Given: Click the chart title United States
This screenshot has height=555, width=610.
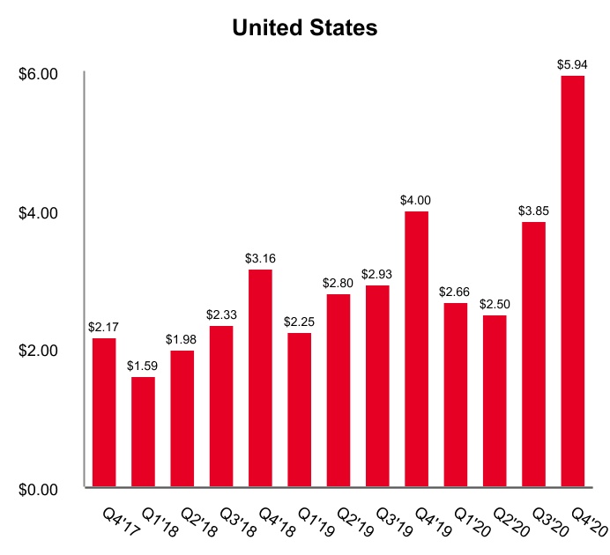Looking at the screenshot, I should tap(304, 28).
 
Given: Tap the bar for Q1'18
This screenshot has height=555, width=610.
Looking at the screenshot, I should tap(143, 432).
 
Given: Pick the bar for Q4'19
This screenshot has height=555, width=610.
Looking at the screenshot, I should tap(417, 348).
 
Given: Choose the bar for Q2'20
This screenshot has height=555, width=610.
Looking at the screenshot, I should tap(495, 400).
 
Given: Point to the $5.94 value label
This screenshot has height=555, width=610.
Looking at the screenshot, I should tap(573, 64).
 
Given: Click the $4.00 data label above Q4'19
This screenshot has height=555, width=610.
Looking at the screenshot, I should tap(417, 200).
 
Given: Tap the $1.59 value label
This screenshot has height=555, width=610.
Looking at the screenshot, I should tap(143, 366).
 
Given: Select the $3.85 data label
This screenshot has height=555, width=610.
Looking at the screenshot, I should tap(533, 211).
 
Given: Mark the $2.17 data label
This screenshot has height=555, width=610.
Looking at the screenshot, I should tap(104, 327).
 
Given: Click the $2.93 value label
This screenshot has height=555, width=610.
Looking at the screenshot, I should tap(378, 274).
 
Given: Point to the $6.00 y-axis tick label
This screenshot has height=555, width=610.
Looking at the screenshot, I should tap(38, 74).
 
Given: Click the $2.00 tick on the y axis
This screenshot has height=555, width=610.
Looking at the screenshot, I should tap(38, 351).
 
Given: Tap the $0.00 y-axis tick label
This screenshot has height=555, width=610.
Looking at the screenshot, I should tap(38, 489).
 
